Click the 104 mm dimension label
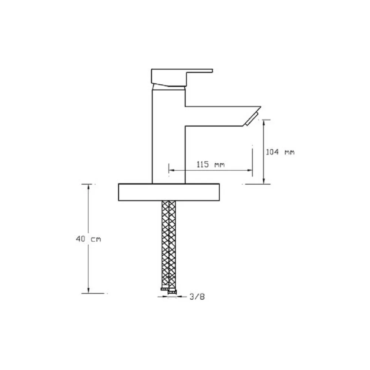pos(280,152)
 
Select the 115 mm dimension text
pos(211,164)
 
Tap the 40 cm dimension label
pos(88,239)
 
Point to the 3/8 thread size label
pos(197,297)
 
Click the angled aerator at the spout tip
pos(252,120)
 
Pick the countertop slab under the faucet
pos(169,192)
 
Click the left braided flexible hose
pos(165,244)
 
